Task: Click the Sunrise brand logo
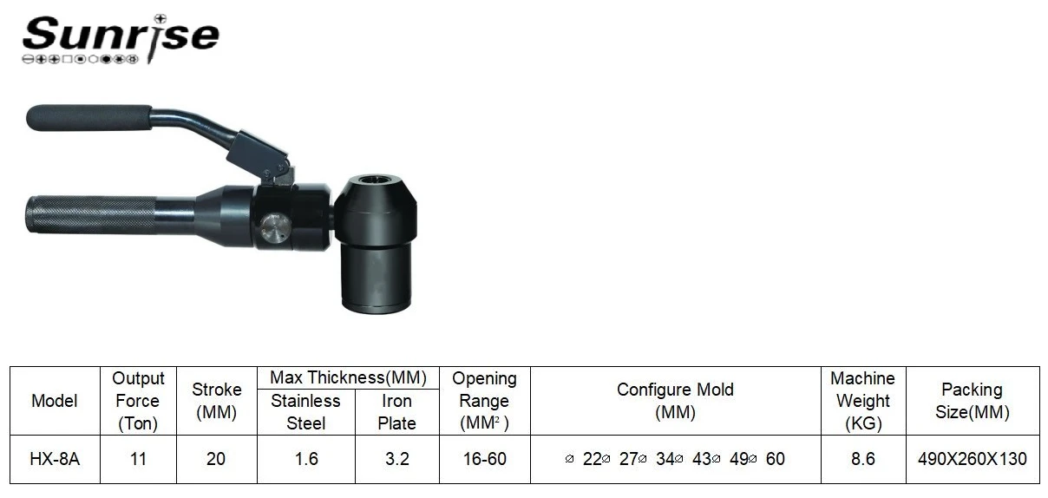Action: (x=121, y=39)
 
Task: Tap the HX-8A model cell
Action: (x=55, y=459)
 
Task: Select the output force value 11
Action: (x=138, y=459)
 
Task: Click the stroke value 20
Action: (x=216, y=459)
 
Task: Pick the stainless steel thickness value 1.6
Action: (x=306, y=459)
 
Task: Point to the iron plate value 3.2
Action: (x=396, y=459)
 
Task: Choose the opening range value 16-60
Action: (x=485, y=459)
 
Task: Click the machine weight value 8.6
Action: (x=862, y=459)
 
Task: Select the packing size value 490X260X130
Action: (x=973, y=459)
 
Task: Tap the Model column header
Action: (x=55, y=401)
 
